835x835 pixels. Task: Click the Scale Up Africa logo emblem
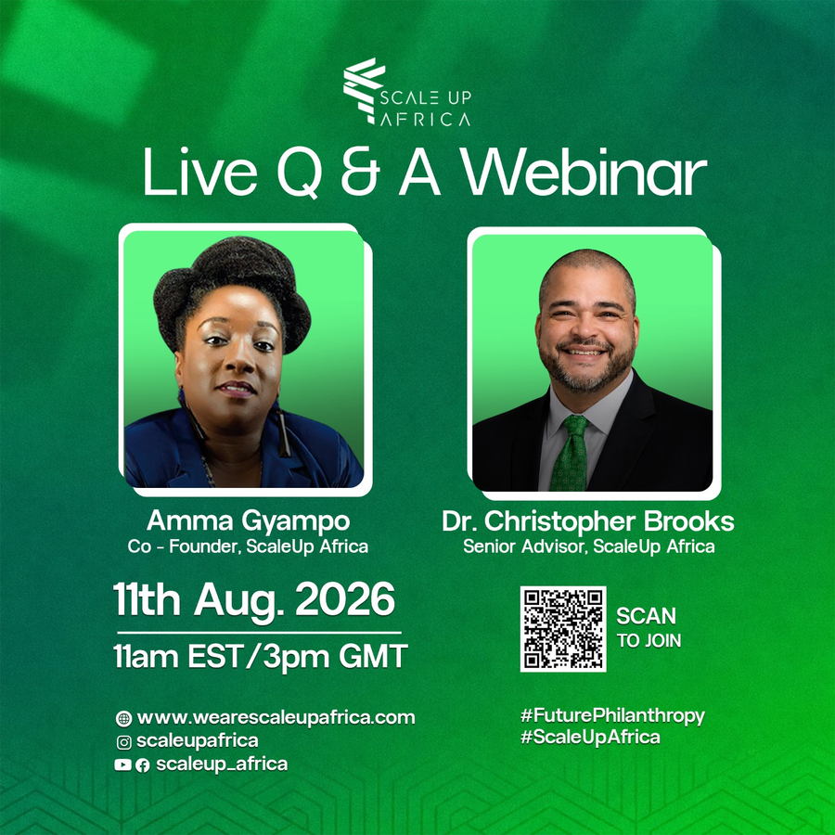pyautogui.click(x=365, y=91)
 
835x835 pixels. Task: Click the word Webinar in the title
pyautogui.click(x=584, y=172)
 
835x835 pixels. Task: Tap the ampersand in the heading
pyautogui.click(x=360, y=172)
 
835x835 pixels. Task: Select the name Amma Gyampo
pyautogui.click(x=248, y=520)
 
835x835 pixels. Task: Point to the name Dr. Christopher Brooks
pyautogui.click(x=588, y=521)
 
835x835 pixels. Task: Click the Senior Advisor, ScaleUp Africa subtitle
pyautogui.click(x=589, y=546)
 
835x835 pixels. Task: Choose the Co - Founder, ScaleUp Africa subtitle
pyautogui.click(x=248, y=546)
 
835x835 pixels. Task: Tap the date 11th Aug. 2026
pyautogui.click(x=254, y=600)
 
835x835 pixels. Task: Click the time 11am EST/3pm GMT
pyautogui.click(x=261, y=656)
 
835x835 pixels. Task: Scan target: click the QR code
pyautogui.click(x=563, y=629)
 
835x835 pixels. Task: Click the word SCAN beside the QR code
pyautogui.click(x=646, y=616)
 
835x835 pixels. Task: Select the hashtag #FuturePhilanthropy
pyautogui.click(x=612, y=715)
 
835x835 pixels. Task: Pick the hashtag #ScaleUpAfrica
pyautogui.click(x=590, y=738)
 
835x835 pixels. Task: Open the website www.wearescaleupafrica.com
pyautogui.click(x=276, y=718)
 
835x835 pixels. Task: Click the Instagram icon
pyautogui.click(x=123, y=742)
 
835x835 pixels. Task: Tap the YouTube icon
pyautogui.click(x=122, y=765)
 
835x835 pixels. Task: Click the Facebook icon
pyautogui.click(x=142, y=765)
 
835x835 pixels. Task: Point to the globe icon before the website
pyautogui.click(x=123, y=719)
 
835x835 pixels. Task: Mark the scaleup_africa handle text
pyautogui.click(x=222, y=764)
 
